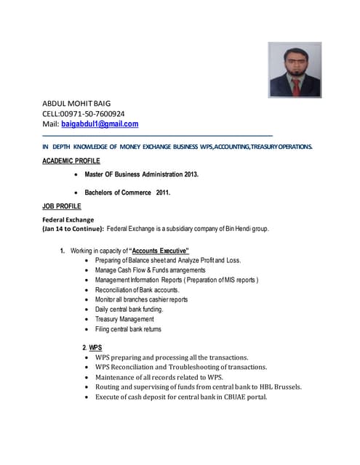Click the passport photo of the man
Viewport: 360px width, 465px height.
click(x=295, y=69)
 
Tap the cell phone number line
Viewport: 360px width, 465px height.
click(x=84, y=113)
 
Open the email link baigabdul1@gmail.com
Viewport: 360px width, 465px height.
click(x=104, y=124)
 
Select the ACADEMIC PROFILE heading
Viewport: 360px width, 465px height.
click(x=71, y=161)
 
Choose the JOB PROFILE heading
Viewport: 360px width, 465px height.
click(x=62, y=207)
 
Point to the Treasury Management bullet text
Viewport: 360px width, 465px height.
click(x=124, y=319)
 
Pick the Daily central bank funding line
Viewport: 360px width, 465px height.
click(x=129, y=309)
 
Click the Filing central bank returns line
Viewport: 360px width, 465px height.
click(x=128, y=329)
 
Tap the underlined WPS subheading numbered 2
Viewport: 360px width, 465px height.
click(x=95, y=347)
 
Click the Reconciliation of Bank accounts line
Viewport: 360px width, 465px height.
click(x=137, y=289)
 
